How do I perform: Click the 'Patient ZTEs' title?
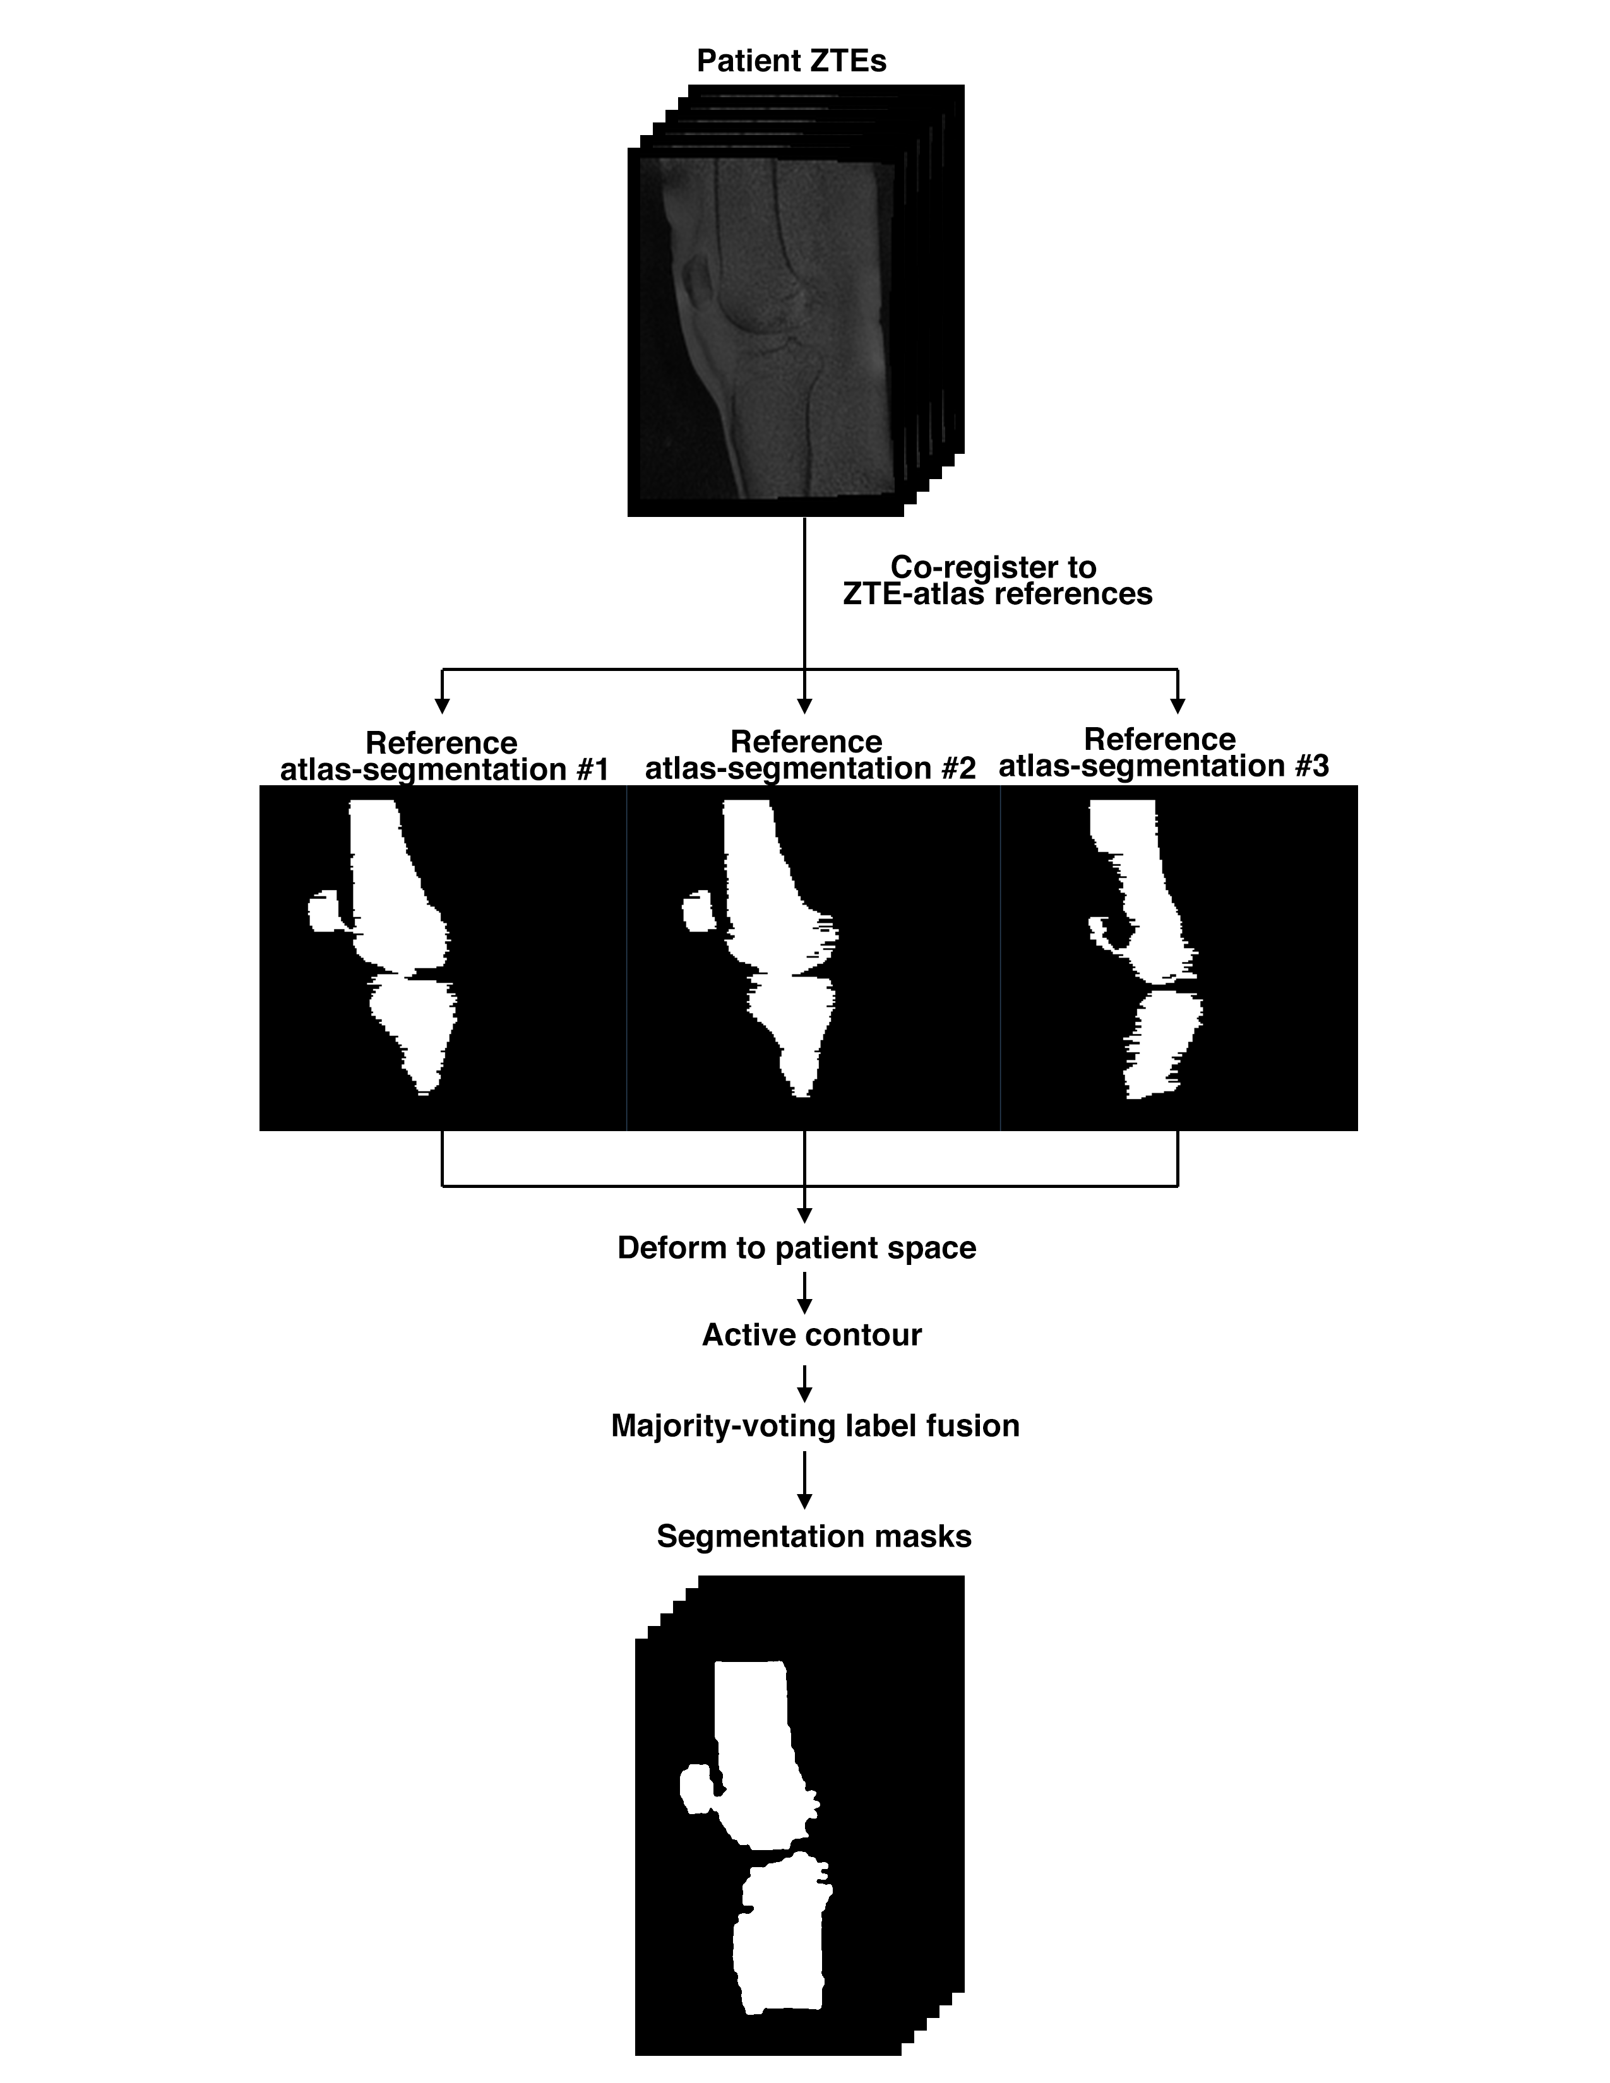tap(792, 61)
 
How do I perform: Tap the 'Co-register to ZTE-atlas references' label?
tap(997, 581)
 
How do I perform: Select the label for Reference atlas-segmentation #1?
tap(443, 756)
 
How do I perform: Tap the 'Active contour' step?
tap(812, 1334)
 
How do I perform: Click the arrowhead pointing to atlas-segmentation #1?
tap(441, 706)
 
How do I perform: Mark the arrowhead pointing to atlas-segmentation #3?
tap(1178, 706)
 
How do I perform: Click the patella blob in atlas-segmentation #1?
tap(325, 912)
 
